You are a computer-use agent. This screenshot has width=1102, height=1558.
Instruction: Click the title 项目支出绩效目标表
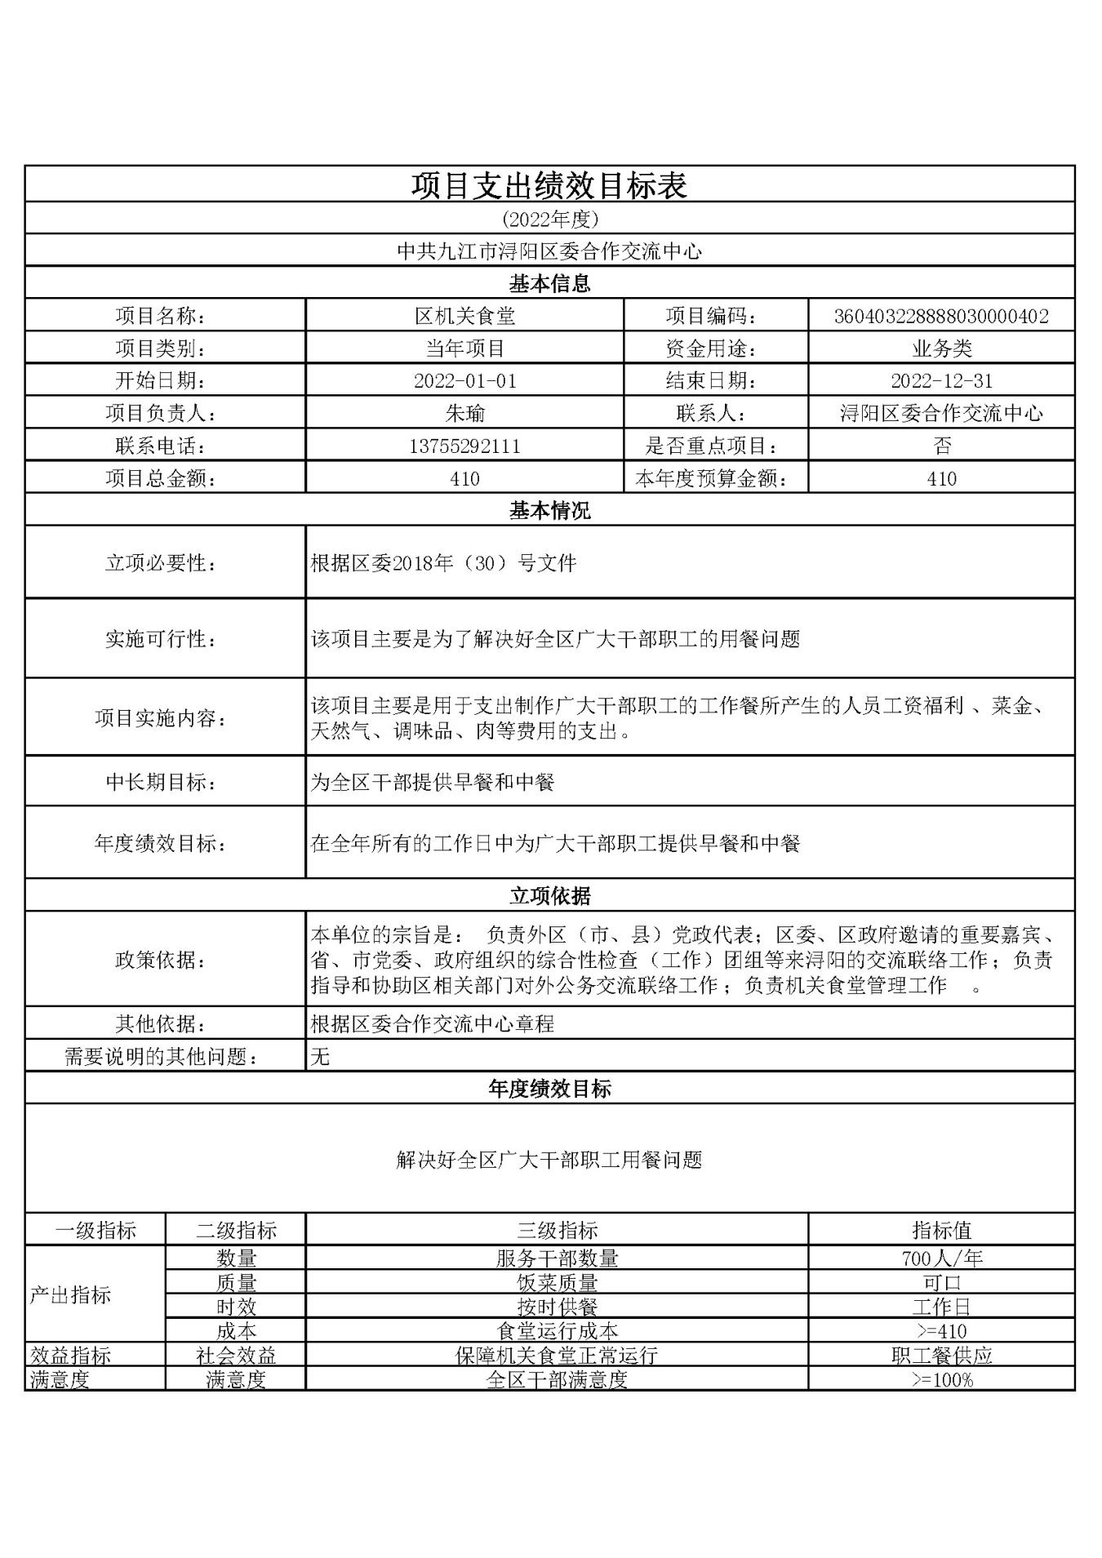pyautogui.click(x=549, y=186)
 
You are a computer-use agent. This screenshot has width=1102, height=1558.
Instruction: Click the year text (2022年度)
pyautogui.click(x=550, y=219)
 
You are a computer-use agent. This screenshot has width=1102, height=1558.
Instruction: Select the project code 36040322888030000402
pyautogui.click(x=941, y=316)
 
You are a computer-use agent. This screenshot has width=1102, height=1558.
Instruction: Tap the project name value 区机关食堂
pyautogui.click(x=464, y=316)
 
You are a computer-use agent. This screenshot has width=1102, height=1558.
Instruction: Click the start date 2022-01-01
pyautogui.click(x=464, y=380)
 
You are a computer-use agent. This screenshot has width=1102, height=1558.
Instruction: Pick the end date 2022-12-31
pyautogui.click(x=941, y=380)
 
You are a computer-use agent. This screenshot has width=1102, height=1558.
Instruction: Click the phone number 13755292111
pyautogui.click(x=464, y=446)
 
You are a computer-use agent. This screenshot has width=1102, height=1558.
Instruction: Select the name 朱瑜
pyautogui.click(x=464, y=413)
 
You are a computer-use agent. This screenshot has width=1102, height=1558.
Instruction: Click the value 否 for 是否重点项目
pyautogui.click(x=942, y=446)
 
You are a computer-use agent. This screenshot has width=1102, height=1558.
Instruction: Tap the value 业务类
pyautogui.click(x=941, y=348)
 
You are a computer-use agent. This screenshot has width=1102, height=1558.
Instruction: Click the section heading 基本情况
pyautogui.click(x=549, y=511)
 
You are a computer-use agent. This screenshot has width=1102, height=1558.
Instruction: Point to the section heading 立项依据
pyautogui.click(x=549, y=896)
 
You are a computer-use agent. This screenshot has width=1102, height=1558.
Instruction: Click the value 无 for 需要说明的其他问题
pyautogui.click(x=320, y=1057)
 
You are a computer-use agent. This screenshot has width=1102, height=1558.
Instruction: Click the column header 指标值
pyautogui.click(x=941, y=1230)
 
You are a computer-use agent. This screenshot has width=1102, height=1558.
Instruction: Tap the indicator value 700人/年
pyautogui.click(x=941, y=1258)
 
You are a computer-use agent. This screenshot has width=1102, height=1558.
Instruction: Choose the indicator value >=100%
pyautogui.click(x=941, y=1380)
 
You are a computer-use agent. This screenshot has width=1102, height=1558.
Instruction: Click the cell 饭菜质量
pyautogui.click(x=557, y=1282)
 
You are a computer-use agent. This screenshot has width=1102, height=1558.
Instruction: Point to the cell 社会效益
pyautogui.click(x=236, y=1356)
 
